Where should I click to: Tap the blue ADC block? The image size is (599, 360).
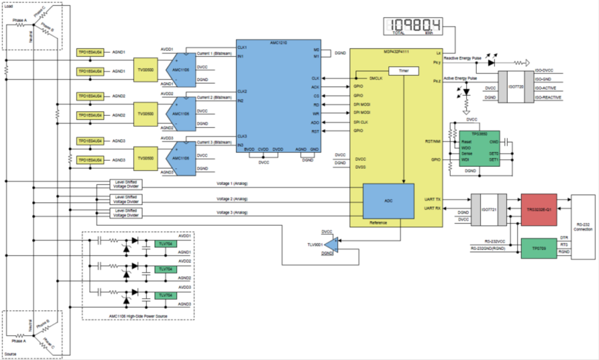click(x=388, y=200)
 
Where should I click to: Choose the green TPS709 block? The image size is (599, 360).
click(x=538, y=248)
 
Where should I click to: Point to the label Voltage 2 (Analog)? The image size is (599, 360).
click(x=233, y=199)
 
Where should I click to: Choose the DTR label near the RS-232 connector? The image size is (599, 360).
click(x=564, y=238)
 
